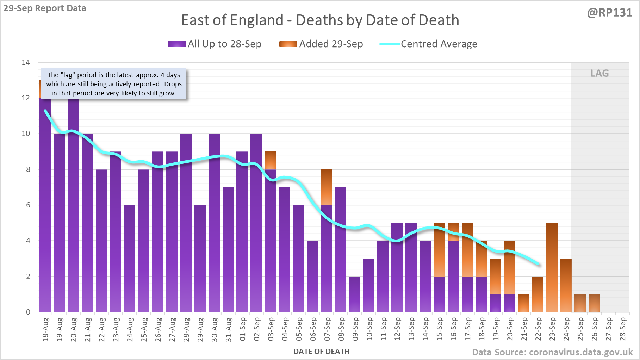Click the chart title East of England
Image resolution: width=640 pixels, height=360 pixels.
320,20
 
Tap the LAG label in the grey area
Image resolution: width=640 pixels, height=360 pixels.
599,73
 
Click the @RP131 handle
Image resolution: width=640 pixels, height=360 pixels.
609,13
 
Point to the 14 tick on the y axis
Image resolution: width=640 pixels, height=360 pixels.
26,62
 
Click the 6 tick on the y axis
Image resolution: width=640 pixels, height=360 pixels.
28,205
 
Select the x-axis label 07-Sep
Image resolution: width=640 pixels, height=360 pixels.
327,329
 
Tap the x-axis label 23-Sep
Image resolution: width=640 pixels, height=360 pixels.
552,329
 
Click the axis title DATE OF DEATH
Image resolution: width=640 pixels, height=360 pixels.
321,352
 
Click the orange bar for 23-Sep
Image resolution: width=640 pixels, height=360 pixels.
552,268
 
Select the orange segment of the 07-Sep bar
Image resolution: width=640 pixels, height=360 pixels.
327,187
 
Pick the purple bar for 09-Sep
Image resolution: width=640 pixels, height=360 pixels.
355,294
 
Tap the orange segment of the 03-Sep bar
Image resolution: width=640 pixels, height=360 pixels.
270,161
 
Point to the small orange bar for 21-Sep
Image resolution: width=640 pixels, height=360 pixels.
524,303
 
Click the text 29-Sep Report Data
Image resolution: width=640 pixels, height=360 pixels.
45,8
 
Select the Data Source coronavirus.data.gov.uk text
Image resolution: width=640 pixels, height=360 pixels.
552,352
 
